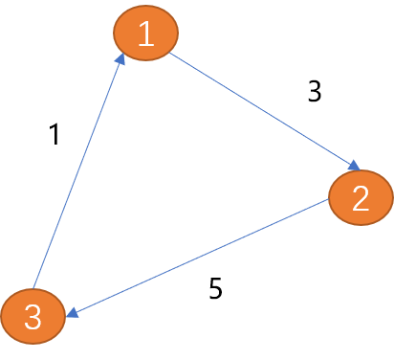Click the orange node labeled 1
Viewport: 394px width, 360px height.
pos(146,34)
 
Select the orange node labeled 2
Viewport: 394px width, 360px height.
pos(361,197)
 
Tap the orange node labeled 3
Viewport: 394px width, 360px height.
pos(33,316)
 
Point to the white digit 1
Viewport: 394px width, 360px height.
pos(146,34)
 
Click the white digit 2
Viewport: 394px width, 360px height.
pos(361,198)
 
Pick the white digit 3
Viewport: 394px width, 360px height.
pos(33,317)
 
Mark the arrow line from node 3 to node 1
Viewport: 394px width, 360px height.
pos(77,172)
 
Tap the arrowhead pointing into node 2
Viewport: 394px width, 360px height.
pos(355,167)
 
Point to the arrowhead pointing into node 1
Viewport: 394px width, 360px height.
pos(120,59)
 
